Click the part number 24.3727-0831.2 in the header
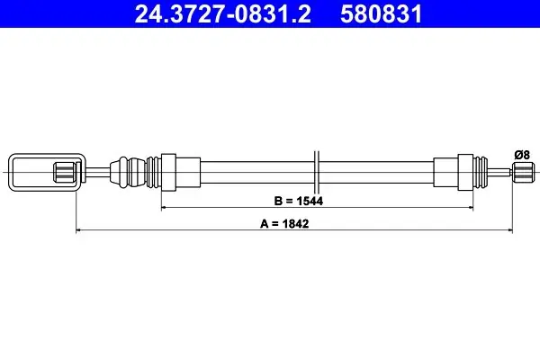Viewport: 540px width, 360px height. point(222,13)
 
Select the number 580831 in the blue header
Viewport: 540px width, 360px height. point(381,13)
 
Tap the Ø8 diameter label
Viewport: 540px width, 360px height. point(522,155)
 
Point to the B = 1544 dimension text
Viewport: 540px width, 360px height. point(299,201)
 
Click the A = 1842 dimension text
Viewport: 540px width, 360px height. point(284,224)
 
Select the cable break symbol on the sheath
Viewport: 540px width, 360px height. point(317,172)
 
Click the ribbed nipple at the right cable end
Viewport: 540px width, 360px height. point(524,172)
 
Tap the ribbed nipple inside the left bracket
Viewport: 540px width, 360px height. point(65,172)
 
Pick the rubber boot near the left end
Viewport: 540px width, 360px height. point(128,172)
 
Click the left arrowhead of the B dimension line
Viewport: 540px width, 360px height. point(164,208)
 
